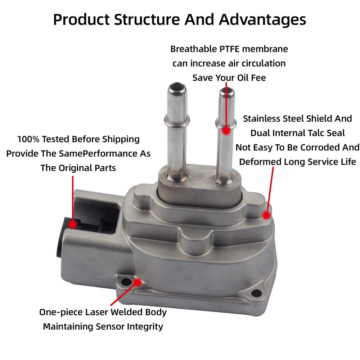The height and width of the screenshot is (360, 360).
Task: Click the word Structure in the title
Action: coord(147,19)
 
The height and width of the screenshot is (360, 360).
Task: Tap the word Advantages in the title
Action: coord(262,20)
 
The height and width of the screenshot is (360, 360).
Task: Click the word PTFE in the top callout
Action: coord(229,49)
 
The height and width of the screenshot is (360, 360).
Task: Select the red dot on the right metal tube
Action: coord(226,131)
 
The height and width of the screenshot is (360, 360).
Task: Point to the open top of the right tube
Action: coord(227,92)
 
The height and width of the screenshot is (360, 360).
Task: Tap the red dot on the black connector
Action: coord(73,224)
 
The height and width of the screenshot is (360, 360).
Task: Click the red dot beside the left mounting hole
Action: coord(138,282)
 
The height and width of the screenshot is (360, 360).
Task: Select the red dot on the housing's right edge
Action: coord(266,215)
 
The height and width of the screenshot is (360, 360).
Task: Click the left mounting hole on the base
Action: coord(126,282)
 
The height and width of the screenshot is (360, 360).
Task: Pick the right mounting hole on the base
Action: coord(256,293)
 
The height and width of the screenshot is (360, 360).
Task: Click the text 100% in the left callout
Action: coord(28,139)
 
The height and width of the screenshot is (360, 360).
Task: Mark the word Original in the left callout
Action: coord(75,168)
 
